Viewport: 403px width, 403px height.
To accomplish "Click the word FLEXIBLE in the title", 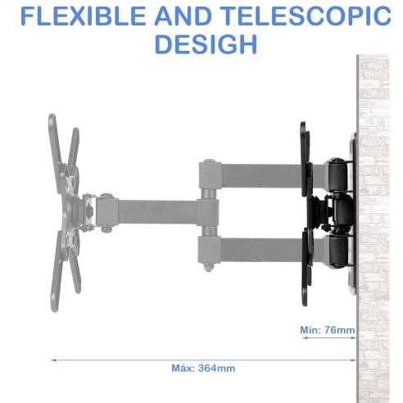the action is click(83, 16).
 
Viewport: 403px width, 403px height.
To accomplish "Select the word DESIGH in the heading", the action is click(206, 44).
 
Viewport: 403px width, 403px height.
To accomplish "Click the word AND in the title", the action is click(183, 16).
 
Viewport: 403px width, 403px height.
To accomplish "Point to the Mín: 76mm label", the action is click(328, 330).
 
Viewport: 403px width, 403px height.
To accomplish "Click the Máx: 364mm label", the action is click(203, 368).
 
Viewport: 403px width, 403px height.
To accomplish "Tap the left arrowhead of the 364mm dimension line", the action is click(53, 360).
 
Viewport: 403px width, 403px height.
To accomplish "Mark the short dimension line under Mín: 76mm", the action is click(329, 337).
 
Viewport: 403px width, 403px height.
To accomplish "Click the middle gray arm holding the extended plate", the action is click(157, 212).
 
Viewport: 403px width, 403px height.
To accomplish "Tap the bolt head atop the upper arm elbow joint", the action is click(209, 161).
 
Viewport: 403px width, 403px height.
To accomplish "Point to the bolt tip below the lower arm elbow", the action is click(209, 268).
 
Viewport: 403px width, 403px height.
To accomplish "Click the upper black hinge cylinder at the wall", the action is click(338, 174).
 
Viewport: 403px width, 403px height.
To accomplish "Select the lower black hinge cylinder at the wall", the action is click(338, 251).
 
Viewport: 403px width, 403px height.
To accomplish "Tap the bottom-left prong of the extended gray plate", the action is click(56, 273).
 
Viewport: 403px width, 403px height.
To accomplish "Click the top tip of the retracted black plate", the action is click(302, 123).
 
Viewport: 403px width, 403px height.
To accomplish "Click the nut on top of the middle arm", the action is click(106, 196).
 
